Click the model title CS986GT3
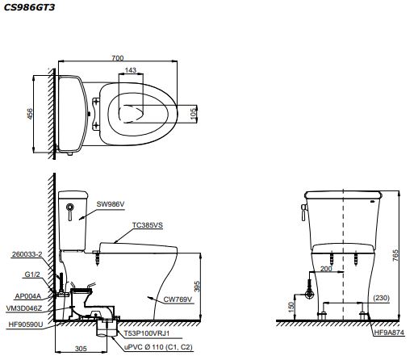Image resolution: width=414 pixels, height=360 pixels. tap(29, 7)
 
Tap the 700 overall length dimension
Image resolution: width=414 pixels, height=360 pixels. tap(118, 58)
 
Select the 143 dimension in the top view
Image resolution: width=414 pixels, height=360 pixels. tap(131, 70)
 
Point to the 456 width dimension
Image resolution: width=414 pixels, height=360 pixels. tap(30, 114)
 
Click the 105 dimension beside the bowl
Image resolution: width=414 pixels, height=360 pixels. tap(194, 114)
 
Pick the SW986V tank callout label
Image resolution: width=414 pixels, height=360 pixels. tap(111, 204)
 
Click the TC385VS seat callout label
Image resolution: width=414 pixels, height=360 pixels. tap(148, 225)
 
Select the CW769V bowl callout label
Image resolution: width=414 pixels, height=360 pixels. tap(178, 299)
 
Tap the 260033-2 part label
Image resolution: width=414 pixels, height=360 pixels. tap(27, 254)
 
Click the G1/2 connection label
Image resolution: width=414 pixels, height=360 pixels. tap(32, 274)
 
